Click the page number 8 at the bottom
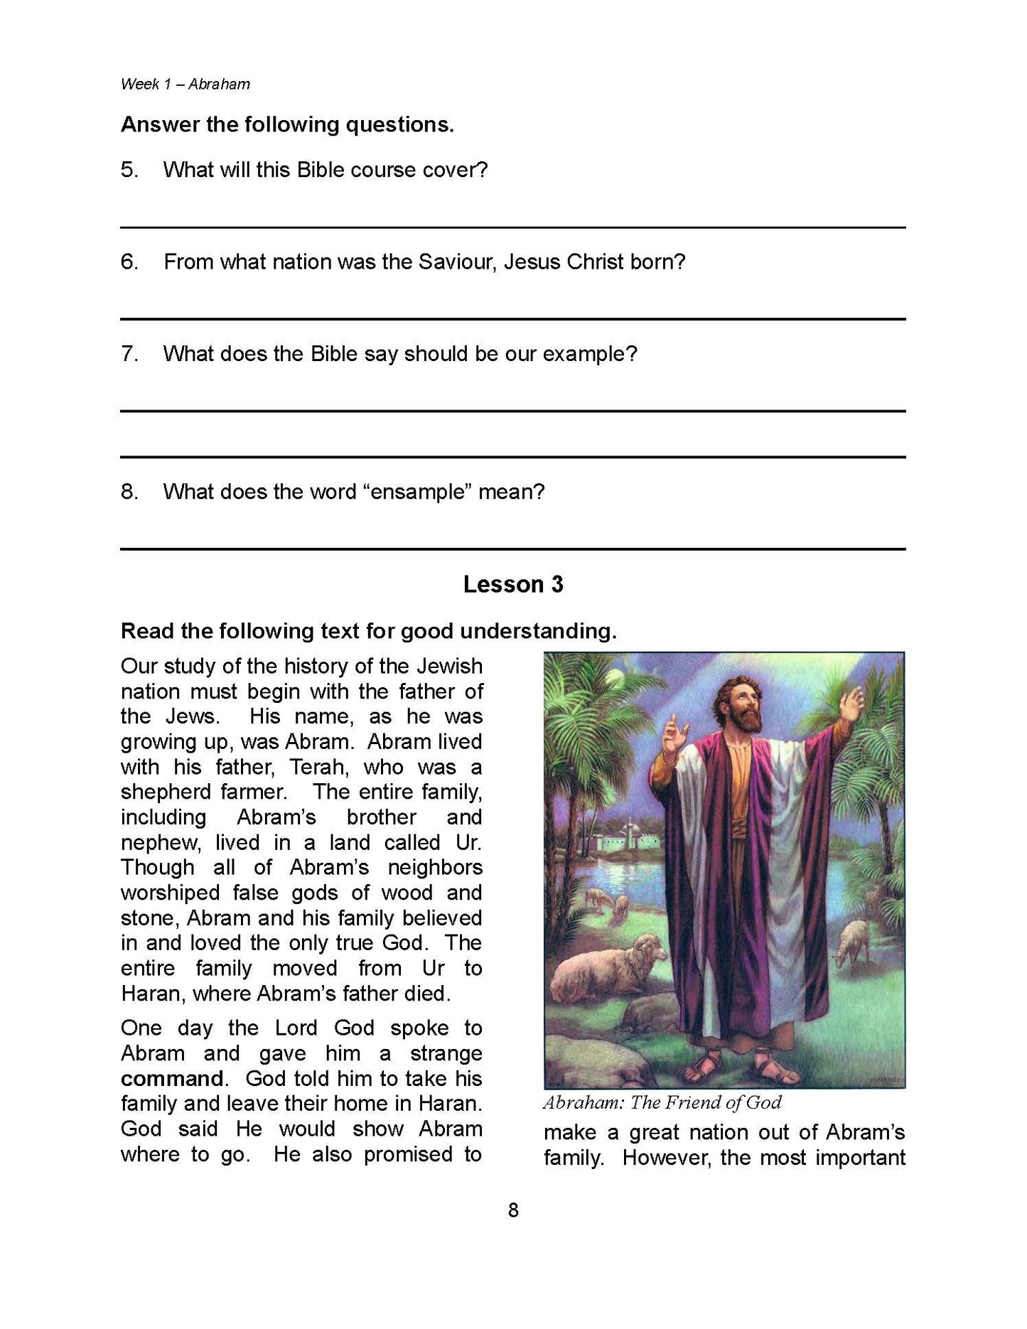point(513,1210)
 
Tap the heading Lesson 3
point(512,584)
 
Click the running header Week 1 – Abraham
point(185,84)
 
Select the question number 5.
point(129,170)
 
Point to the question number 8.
point(129,492)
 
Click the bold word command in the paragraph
point(173,1078)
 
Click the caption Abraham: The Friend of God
point(662,1102)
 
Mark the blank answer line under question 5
point(512,227)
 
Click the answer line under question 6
point(512,318)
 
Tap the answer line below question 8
point(512,549)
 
